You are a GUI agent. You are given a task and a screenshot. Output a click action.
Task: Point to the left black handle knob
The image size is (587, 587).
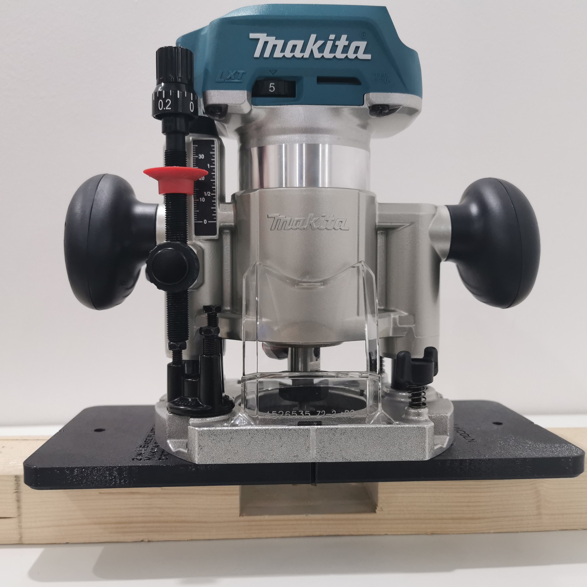(x=105, y=242)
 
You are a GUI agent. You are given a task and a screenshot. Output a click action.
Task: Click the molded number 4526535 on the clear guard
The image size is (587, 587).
(x=287, y=415)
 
